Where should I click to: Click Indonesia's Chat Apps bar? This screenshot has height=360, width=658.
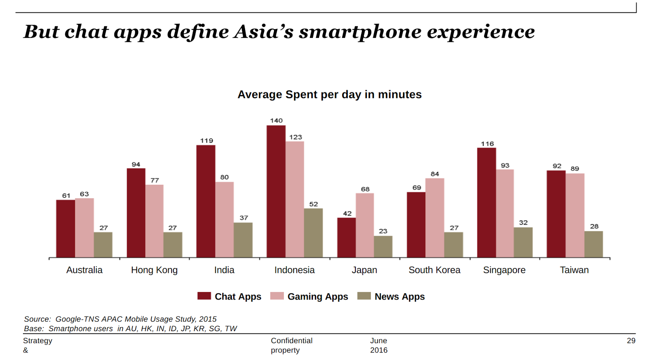tap(276, 191)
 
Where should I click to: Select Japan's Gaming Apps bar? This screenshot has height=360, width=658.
tap(365, 225)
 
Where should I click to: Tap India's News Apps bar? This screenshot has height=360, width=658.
tap(243, 240)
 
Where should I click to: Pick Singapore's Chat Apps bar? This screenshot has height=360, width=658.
tap(487, 202)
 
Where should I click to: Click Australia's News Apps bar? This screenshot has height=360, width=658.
tap(103, 245)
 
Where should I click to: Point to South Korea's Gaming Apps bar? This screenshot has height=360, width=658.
tap(435, 218)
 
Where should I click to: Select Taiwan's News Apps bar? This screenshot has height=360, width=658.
tap(593, 244)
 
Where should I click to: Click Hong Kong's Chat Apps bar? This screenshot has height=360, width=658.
tap(136, 213)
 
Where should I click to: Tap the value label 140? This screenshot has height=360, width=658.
tap(276, 121)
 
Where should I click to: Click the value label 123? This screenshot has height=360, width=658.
tap(295, 137)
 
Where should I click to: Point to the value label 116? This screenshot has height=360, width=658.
tap(487, 144)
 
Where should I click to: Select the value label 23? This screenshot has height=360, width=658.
tap(383, 231)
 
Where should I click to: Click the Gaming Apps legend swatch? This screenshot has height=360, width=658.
tap(277, 296)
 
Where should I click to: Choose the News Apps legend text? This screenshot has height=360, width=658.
tap(399, 297)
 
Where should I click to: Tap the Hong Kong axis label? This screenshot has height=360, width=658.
tap(154, 270)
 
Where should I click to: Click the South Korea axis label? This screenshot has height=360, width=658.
tap(434, 270)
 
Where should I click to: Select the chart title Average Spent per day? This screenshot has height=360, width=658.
tap(329, 95)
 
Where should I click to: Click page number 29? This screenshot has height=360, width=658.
tap(631, 341)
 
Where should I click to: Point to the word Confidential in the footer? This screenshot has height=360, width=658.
tap(292, 341)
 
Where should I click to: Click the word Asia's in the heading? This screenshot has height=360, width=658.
tap(263, 32)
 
